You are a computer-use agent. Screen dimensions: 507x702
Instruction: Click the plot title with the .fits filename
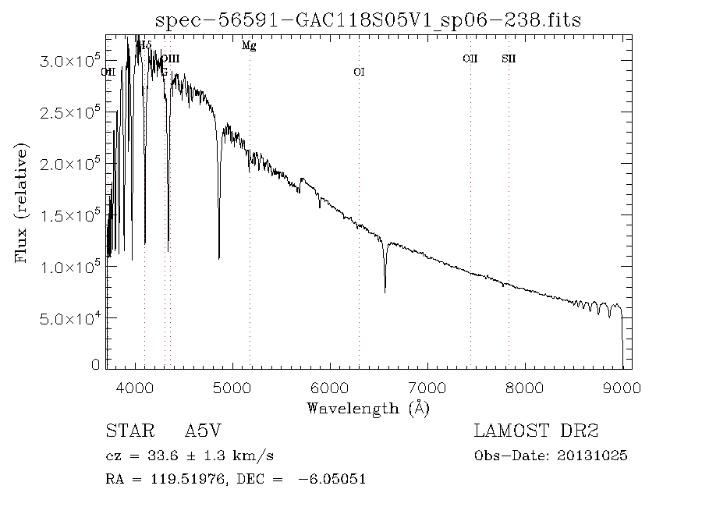[x=368, y=19]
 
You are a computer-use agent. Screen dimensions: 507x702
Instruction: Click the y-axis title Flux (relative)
[x=21, y=202]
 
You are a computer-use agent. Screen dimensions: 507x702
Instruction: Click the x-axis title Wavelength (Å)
[x=368, y=408]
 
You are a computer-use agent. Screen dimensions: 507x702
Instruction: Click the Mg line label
[x=249, y=45]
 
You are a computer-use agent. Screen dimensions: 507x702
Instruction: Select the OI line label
[x=359, y=72]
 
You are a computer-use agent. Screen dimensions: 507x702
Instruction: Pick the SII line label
[x=509, y=58]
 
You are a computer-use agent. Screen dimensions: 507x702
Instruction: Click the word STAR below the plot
[x=128, y=431]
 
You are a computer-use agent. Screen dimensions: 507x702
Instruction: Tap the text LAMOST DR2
[x=536, y=431]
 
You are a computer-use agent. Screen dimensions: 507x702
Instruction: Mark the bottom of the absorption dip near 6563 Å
[x=385, y=292]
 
